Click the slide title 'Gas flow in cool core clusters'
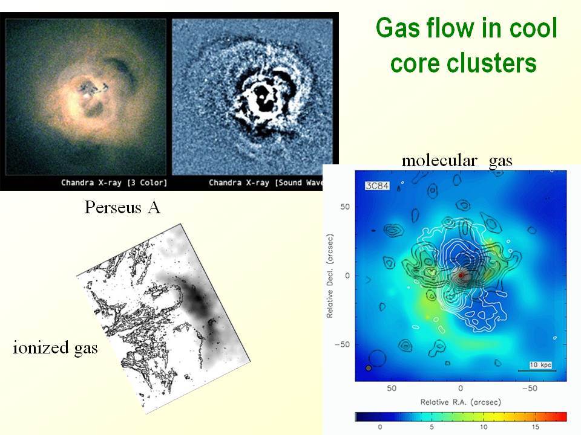[x=466, y=45]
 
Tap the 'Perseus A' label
[x=123, y=207]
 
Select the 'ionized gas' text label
[x=56, y=348]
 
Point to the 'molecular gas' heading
[x=457, y=161]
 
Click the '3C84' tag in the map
[x=377, y=185]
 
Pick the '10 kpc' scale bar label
[x=540, y=365]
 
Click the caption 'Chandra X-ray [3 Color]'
[x=114, y=182]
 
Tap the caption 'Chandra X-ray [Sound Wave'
[x=266, y=182]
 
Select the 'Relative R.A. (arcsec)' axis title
[x=461, y=402]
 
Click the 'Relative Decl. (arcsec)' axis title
[x=329, y=275]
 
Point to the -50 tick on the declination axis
[x=342, y=344]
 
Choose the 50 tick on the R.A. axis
[x=392, y=388]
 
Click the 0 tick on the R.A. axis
[x=460, y=388]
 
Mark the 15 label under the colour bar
[x=536, y=427]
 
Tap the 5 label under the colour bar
[x=432, y=427]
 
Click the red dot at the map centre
[x=461, y=275]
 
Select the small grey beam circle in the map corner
[x=369, y=368]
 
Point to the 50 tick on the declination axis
[x=345, y=207]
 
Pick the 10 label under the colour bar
[x=484, y=427]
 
